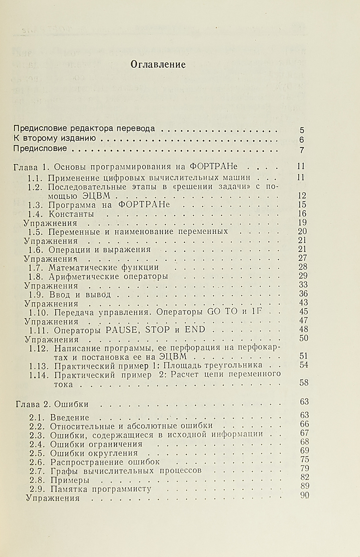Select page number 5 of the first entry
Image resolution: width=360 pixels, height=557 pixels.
[x=302, y=130]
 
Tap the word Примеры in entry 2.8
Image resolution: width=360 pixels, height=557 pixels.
[x=70, y=480]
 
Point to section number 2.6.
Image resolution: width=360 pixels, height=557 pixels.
[x=37, y=462]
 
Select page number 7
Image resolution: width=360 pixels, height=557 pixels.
[x=302, y=150]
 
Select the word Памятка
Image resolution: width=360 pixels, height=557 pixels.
[x=67, y=489]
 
